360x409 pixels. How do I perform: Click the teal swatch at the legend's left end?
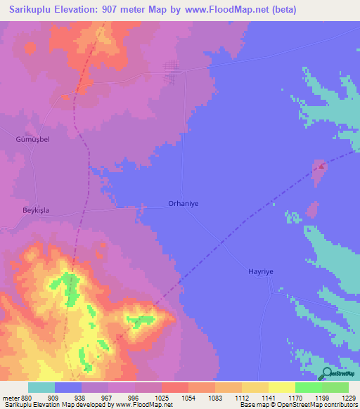tap(41, 387)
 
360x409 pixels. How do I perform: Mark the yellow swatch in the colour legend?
tap(281, 387)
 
